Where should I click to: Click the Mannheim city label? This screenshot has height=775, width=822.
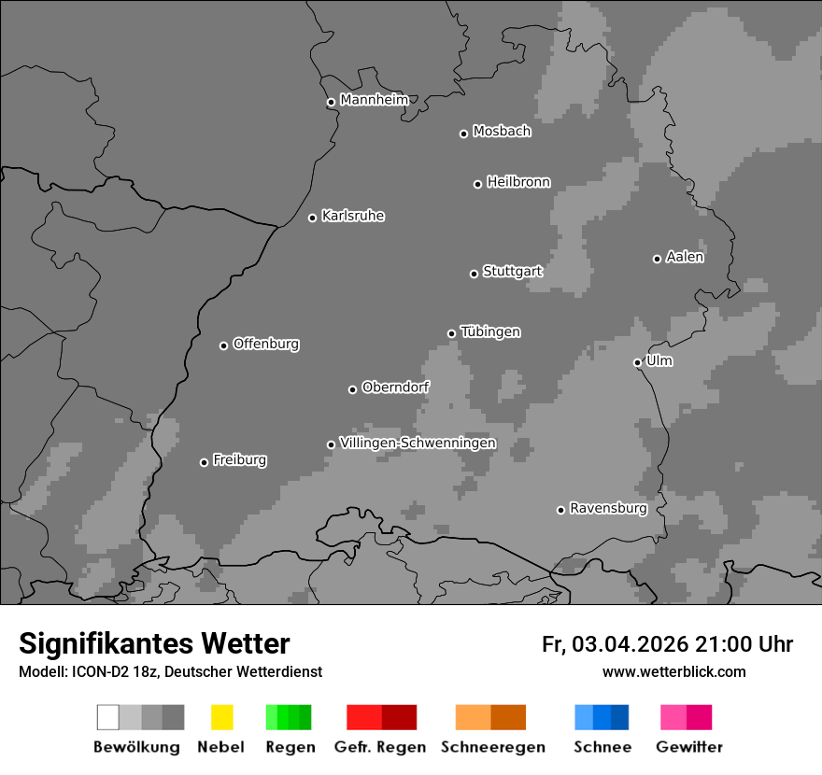[374, 100]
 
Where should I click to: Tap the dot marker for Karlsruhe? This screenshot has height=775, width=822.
[313, 218]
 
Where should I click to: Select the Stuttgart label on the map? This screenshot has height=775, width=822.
[512, 272]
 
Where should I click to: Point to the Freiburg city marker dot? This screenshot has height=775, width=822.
[204, 462]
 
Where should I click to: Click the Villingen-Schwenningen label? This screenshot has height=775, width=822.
[418, 443]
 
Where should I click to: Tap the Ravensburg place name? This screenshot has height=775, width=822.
[608, 508]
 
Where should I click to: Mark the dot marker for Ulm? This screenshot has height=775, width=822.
[637, 362]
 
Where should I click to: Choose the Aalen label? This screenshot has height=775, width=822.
[685, 257]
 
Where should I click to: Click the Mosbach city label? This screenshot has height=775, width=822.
[502, 132]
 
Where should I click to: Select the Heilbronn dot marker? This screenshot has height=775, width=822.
[477, 184]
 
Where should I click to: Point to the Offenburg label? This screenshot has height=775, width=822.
[265, 344]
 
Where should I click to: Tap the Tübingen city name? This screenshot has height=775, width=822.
[490, 331]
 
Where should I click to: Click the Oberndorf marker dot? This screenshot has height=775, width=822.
[352, 389]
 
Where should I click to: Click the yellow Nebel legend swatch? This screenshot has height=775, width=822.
[221, 717]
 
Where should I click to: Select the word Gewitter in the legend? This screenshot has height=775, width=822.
[689, 747]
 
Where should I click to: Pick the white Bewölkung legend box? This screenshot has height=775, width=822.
[107, 717]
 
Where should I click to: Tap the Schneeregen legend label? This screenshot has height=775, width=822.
[493, 747]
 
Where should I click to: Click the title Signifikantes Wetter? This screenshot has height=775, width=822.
[154, 643]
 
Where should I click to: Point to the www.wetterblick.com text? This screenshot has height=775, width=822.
[673, 671]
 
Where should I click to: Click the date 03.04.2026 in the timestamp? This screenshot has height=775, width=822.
[631, 644]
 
